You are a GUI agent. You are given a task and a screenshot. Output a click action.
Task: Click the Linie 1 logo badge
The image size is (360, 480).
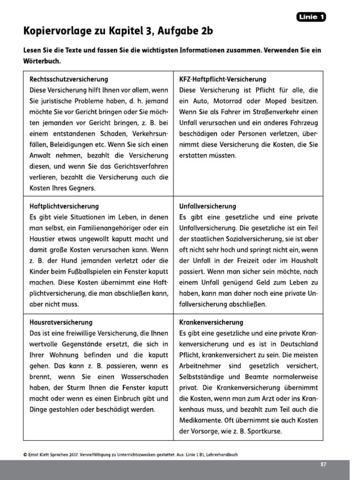click(x=311, y=17)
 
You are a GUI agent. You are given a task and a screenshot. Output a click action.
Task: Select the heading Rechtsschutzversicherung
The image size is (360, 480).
click(x=68, y=80)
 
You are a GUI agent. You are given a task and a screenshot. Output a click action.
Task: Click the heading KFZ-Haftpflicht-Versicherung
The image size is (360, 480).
click(x=223, y=80)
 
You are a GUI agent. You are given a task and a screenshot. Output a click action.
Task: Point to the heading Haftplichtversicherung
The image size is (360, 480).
click(x=64, y=206)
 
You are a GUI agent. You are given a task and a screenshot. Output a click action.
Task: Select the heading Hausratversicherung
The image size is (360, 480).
click(x=61, y=322)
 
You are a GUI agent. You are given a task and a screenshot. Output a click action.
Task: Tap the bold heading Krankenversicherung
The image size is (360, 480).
click(x=211, y=322)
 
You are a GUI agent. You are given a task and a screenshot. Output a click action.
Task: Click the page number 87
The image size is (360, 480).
click(x=323, y=464)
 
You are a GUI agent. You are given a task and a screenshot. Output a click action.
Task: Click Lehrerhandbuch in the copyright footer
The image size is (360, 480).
click(x=227, y=454)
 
